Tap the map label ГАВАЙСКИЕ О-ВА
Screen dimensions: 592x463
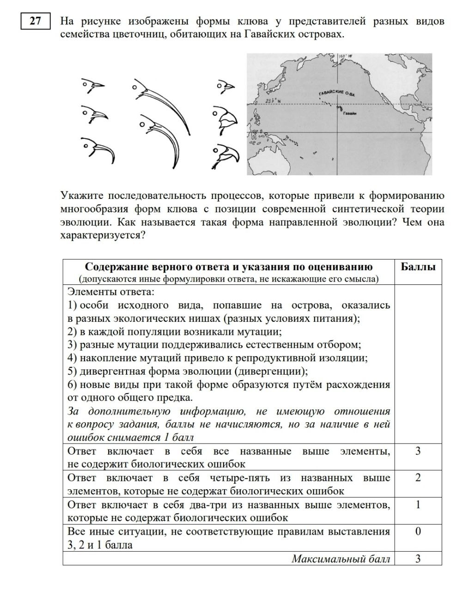tap(337, 94)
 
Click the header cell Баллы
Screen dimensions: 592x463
tap(418, 267)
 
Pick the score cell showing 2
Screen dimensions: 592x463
tap(418, 478)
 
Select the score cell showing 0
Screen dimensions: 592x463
tap(418, 531)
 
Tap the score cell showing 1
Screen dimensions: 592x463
tap(418, 505)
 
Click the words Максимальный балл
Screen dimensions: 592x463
tap(341, 559)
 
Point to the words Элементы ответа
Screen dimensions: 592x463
tap(110, 292)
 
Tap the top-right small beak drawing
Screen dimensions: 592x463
tap(226, 86)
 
